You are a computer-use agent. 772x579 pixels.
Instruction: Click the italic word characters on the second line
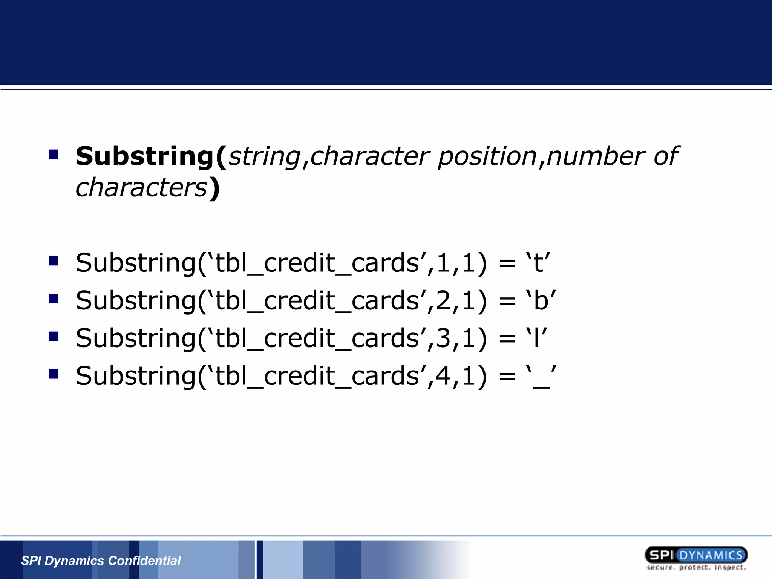point(141,188)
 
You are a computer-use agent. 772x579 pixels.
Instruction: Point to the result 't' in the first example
point(538,263)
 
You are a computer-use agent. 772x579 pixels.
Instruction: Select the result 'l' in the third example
point(537,338)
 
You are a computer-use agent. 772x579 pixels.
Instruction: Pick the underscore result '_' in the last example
point(541,377)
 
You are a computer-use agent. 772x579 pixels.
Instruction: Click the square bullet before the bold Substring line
point(54,154)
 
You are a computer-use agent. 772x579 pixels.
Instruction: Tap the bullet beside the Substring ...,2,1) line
point(54,299)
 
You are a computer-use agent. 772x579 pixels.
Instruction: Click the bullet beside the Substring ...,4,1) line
point(54,374)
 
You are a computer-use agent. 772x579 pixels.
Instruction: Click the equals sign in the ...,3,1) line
point(507,339)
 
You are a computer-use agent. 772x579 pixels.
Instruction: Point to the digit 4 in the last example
point(443,376)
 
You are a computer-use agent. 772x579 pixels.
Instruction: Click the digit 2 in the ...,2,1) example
point(443,300)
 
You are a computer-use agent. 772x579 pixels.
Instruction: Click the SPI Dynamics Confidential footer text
point(101,561)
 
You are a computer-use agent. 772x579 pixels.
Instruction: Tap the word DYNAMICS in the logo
point(711,555)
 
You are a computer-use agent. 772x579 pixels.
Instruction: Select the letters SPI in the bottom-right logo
point(662,555)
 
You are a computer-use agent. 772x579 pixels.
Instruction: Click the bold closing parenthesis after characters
point(215,188)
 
